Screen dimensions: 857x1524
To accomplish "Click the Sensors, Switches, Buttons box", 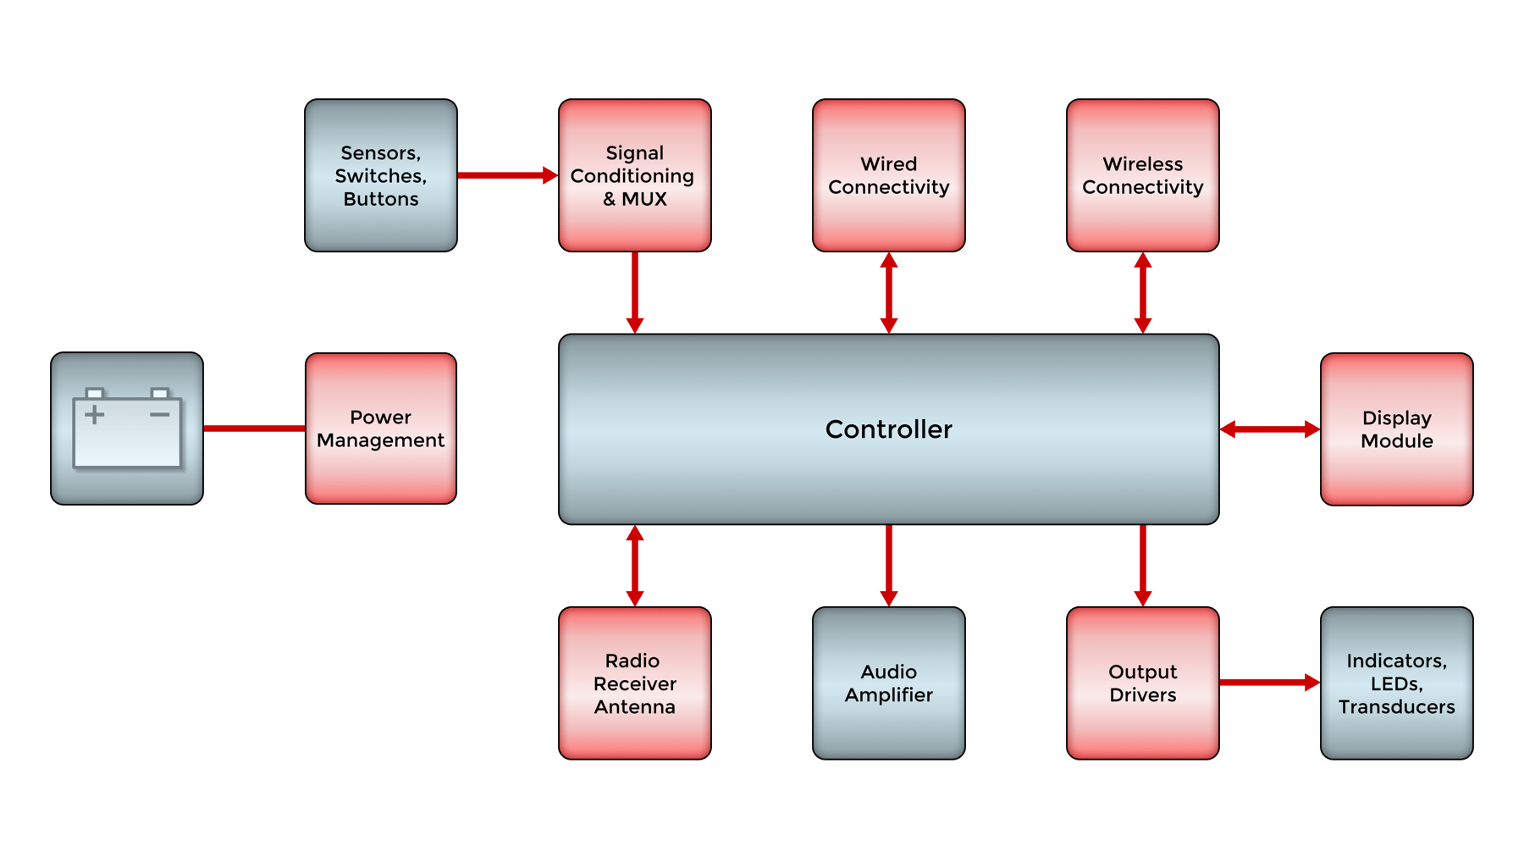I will point(381,175).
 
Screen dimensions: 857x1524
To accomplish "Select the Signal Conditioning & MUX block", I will point(635,175).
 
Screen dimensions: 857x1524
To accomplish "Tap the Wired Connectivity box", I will point(889,175).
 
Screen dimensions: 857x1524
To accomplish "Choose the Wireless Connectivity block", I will point(1143,175).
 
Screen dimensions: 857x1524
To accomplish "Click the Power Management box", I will point(381,428).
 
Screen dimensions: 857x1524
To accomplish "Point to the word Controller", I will point(888,429).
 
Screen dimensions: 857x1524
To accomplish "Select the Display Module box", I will point(1397,429).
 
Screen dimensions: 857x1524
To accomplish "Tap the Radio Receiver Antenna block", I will point(635,683).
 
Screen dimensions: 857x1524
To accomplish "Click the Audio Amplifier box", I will point(889,683).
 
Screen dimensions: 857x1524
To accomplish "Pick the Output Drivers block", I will point(1143,683).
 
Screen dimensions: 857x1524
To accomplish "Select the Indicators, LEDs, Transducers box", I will point(1397,683).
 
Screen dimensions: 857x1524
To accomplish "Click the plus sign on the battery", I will point(95,415).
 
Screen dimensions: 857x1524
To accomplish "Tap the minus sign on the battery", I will point(160,415).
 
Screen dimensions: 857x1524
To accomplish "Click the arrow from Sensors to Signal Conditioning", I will point(506,175).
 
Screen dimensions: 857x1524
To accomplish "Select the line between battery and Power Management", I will point(254,428).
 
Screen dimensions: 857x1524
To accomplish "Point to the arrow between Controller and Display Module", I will point(1269,429).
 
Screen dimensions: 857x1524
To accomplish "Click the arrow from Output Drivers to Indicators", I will point(1268,683).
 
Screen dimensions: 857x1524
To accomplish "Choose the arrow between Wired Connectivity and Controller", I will point(889,293).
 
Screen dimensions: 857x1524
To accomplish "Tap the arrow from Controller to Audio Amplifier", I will point(889,564).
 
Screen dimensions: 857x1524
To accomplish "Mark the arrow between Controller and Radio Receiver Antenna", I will point(635,566).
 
